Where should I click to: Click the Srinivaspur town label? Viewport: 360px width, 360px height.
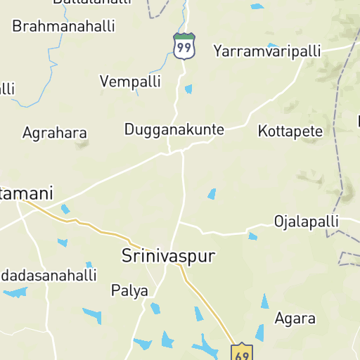click(x=168, y=255)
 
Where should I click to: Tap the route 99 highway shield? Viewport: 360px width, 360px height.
click(x=184, y=46)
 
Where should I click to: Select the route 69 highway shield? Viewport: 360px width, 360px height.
click(x=242, y=353)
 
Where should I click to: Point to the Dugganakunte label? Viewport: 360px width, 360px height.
click(x=174, y=129)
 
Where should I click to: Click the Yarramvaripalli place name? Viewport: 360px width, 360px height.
click(x=267, y=51)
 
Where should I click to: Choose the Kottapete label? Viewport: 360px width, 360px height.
click(x=290, y=131)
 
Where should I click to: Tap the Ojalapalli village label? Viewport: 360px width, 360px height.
click(x=306, y=221)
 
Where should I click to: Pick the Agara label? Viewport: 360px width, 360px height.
click(x=295, y=318)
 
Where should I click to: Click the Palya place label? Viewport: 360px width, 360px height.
click(x=130, y=290)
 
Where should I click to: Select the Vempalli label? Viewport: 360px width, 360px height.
click(x=127, y=82)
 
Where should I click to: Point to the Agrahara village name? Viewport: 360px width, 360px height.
click(x=55, y=133)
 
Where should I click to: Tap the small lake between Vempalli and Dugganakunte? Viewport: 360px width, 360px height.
click(x=188, y=89)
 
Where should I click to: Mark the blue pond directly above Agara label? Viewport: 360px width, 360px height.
click(x=265, y=302)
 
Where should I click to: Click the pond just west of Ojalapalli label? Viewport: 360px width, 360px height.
click(x=252, y=236)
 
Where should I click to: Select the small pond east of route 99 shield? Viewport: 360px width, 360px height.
click(x=272, y=46)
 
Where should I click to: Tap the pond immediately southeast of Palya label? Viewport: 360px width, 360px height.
click(x=155, y=308)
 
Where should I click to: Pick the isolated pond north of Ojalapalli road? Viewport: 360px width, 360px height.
click(x=212, y=193)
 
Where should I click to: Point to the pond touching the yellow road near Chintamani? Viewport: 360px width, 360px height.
click(x=65, y=209)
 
